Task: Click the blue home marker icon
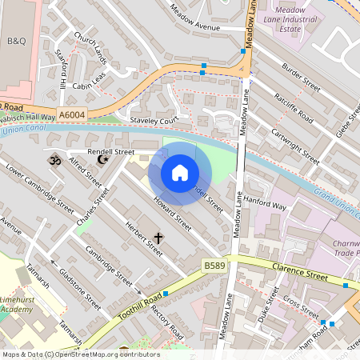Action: (180, 173)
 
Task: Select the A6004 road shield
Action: (72, 116)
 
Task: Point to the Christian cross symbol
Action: (158, 238)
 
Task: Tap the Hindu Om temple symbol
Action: (55, 160)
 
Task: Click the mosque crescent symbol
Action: (102, 160)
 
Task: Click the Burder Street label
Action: (301, 80)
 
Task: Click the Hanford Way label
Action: (265, 206)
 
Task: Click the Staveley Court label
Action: (153, 120)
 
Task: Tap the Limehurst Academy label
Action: (23, 303)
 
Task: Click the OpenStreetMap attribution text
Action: (81, 354)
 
